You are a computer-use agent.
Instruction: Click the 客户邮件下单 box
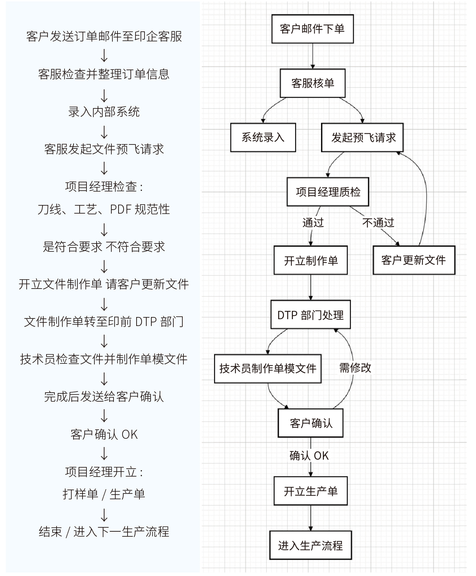(312, 29)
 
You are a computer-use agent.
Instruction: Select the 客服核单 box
(312, 83)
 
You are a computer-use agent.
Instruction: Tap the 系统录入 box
(263, 137)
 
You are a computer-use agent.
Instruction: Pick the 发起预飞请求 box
(362, 137)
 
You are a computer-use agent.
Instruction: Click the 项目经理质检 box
(328, 192)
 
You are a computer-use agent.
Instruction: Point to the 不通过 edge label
(378, 223)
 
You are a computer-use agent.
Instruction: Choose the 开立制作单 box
(311, 260)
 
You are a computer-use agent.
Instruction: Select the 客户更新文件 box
(414, 260)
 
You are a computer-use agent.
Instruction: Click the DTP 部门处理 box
(311, 314)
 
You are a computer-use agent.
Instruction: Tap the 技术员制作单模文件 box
(268, 369)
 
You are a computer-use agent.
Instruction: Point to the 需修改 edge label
(355, 367)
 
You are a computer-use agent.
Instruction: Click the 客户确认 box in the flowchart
(311, 423)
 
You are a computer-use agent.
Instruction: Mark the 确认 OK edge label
(309, 456)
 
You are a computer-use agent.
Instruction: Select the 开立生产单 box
(311, 491)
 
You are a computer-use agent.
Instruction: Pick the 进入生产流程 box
(311, 545)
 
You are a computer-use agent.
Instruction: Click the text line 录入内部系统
(104, 112)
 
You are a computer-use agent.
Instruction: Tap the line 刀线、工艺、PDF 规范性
(104, 209)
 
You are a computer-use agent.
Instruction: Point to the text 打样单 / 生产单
(104, 494)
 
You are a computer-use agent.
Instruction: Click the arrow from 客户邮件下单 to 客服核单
(312, 56)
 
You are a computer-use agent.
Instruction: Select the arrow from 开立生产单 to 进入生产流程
(311, 518)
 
